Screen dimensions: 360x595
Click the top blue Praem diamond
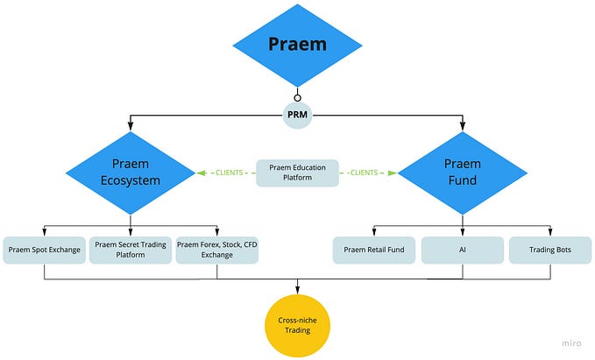(x=296, y=44)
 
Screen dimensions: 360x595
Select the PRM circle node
(x=296, y=115)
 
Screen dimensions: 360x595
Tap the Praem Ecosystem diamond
(x=131, y=172)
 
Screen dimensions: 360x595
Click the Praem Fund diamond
(x=462, y=172)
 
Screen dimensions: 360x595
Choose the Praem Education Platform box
(x=297, y=173)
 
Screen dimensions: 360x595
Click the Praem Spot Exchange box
(x=44, y=250)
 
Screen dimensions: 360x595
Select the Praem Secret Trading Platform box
(x=130, y=250)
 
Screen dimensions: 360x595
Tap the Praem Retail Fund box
(x=373, y=250)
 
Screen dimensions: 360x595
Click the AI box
(x=462, y=250)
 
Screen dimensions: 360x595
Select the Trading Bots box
(x=549, y=250)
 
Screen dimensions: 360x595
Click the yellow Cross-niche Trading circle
(x=297, y=324)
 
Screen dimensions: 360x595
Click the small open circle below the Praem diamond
(x=297, y=97)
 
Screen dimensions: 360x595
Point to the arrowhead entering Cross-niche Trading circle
(x=297, y=290)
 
